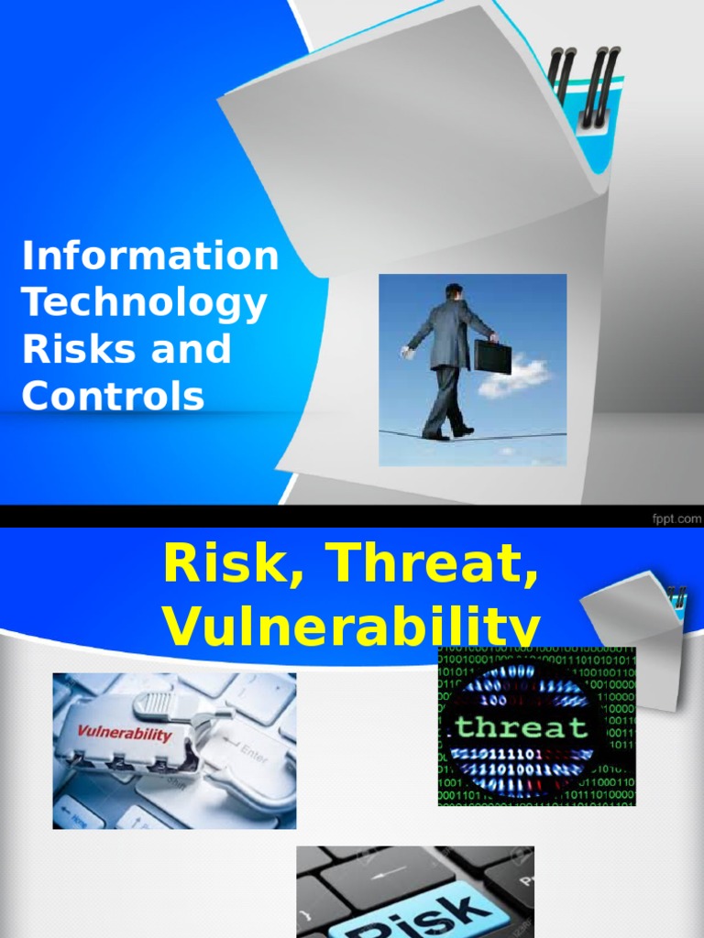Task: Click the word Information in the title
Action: coord(150,256)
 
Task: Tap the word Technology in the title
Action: coord(144,303)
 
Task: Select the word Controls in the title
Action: coord(112,396)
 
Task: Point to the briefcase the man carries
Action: coord(492,355)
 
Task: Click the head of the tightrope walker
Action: coord(454,291)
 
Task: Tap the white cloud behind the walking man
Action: coord(512,376)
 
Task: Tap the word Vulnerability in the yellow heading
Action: coord(351,627)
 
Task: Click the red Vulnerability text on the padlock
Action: coord(124,733)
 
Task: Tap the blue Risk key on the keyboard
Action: coord(417,916)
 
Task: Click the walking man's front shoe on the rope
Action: coord(463,431)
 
